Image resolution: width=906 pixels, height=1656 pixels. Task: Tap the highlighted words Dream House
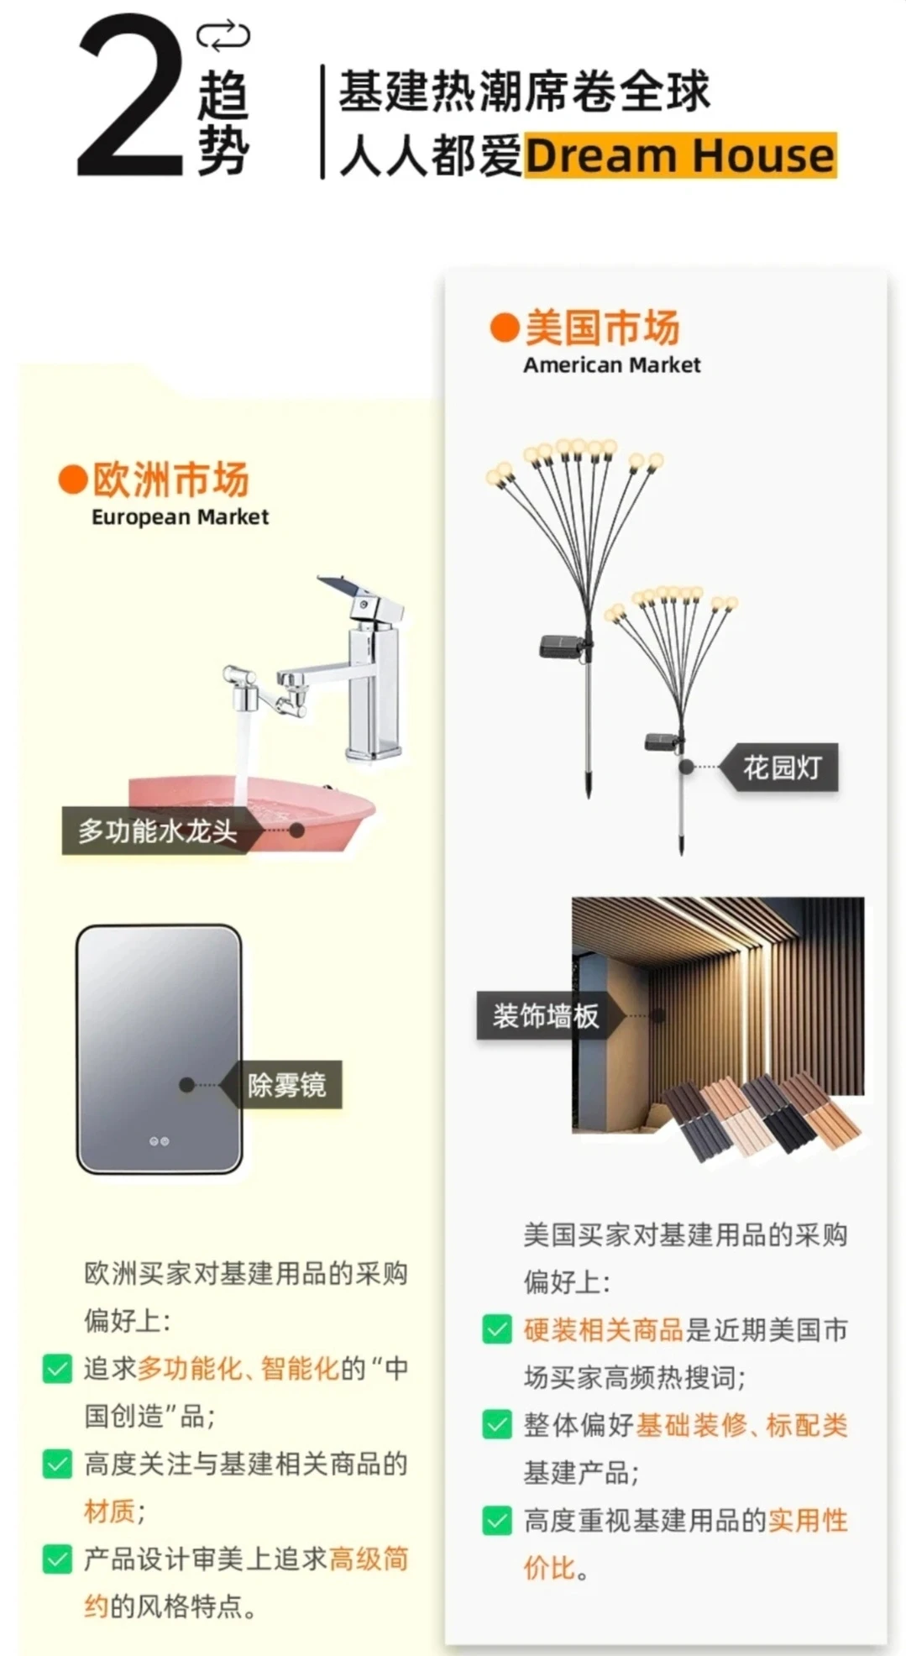tap(680, 156)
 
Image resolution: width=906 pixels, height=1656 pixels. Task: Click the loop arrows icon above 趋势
tap(223, 36)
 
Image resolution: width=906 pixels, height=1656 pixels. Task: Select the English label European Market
tap(180, 517)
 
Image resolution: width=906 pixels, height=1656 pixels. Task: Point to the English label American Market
tap(611, 365)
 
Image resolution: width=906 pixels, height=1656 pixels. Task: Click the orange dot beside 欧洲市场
tap(73, 480)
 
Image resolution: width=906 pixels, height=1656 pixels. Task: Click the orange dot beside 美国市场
tap(504, 328)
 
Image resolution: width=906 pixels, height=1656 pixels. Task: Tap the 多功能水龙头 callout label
tap(157, 831)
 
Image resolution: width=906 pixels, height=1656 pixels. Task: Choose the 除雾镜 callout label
tap(286, 1085)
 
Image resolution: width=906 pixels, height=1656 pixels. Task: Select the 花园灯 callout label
tap(782, 768)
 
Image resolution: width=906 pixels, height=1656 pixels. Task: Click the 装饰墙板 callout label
tap(546, 1016)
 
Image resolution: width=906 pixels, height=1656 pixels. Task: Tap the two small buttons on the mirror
tap(159, 1141)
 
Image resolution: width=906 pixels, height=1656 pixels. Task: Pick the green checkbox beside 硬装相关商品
tap(497, 1329)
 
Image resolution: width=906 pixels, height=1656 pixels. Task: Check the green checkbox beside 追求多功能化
tap(57, 1370)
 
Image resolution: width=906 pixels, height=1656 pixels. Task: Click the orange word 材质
tap(109, 1512)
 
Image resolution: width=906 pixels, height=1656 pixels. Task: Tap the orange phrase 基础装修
tap(690, 1425)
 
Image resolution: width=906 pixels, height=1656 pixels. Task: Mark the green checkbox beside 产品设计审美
tap(57, 1559)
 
